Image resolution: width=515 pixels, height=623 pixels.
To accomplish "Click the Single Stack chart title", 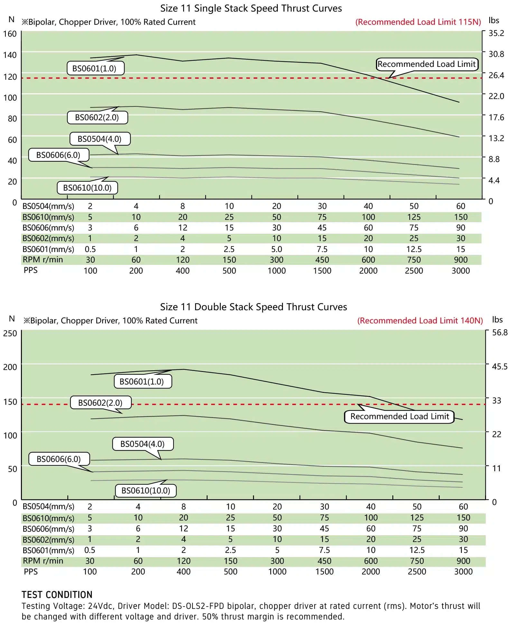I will [x=251, y=8].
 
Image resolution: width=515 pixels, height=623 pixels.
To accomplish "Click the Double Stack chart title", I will [x=254, y=307].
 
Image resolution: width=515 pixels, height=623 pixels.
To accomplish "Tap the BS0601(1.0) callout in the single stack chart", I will [x=95, y=68].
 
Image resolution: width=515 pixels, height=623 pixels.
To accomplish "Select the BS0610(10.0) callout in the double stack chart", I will [x=146, y=491].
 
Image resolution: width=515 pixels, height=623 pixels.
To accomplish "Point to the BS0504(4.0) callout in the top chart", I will [x=100, y=139].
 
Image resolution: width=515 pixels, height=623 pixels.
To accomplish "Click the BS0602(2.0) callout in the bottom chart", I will [x=100, y=403].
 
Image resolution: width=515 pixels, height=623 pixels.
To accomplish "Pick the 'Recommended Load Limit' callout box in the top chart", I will [x=427, y=64].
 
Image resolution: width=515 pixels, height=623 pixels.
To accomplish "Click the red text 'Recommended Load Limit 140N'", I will [x=420, y=321].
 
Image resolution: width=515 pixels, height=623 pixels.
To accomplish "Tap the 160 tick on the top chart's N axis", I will [x=10, y=34].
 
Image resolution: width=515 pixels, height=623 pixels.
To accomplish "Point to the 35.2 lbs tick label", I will [x=496, y=33].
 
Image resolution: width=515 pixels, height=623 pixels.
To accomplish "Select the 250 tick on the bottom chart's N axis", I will [x=10, y=333].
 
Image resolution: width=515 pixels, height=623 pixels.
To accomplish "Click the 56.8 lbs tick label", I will [x=500, y=333].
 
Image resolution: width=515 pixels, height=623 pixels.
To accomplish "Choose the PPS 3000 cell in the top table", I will [x=461, y=271].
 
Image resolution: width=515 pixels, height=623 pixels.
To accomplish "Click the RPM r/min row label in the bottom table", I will [x=43, y=561].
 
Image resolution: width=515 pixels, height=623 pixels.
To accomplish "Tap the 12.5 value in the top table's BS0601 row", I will [x=414, y=249].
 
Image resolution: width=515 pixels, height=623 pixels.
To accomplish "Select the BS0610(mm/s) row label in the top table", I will [x=48, y=217].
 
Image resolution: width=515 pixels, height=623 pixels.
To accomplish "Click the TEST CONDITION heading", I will [x=57, y=595].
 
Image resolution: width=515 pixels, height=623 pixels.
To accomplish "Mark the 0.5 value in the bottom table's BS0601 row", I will [x=90, y=550].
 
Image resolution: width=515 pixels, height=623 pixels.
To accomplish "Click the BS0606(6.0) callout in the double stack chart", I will [x=59, y=459].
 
